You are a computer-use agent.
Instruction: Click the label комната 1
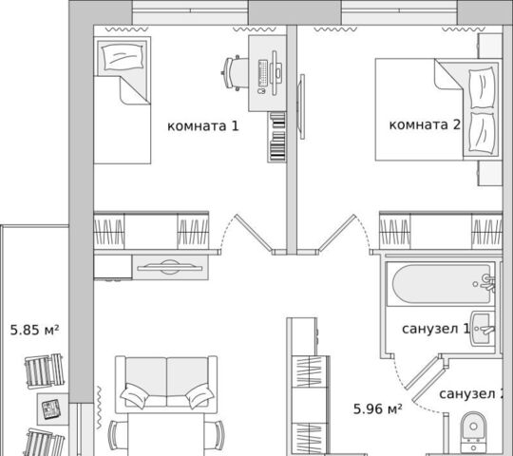point(203,126)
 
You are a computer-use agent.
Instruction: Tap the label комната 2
point(425,124)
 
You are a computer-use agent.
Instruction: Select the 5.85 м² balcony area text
point(35,330)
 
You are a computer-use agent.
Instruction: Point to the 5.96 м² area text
point(378,408)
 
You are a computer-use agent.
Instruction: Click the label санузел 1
point(435,329)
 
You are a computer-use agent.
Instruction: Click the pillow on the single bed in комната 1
point(123,57)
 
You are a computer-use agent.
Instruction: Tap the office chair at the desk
point(235,73)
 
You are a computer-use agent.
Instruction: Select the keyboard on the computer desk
point(263,73)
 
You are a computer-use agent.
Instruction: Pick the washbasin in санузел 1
point(483,329)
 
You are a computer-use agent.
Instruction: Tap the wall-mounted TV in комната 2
point(302,106)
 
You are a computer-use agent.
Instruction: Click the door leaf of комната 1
point(255,233)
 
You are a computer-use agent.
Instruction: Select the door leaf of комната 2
point(337,233)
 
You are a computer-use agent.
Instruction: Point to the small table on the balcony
point(52,408)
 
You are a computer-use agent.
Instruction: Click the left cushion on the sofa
point(135,395)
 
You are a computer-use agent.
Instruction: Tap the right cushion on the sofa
point(199,395)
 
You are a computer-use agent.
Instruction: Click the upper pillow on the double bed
point(482,88)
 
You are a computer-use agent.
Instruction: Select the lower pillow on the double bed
point(482,133)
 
